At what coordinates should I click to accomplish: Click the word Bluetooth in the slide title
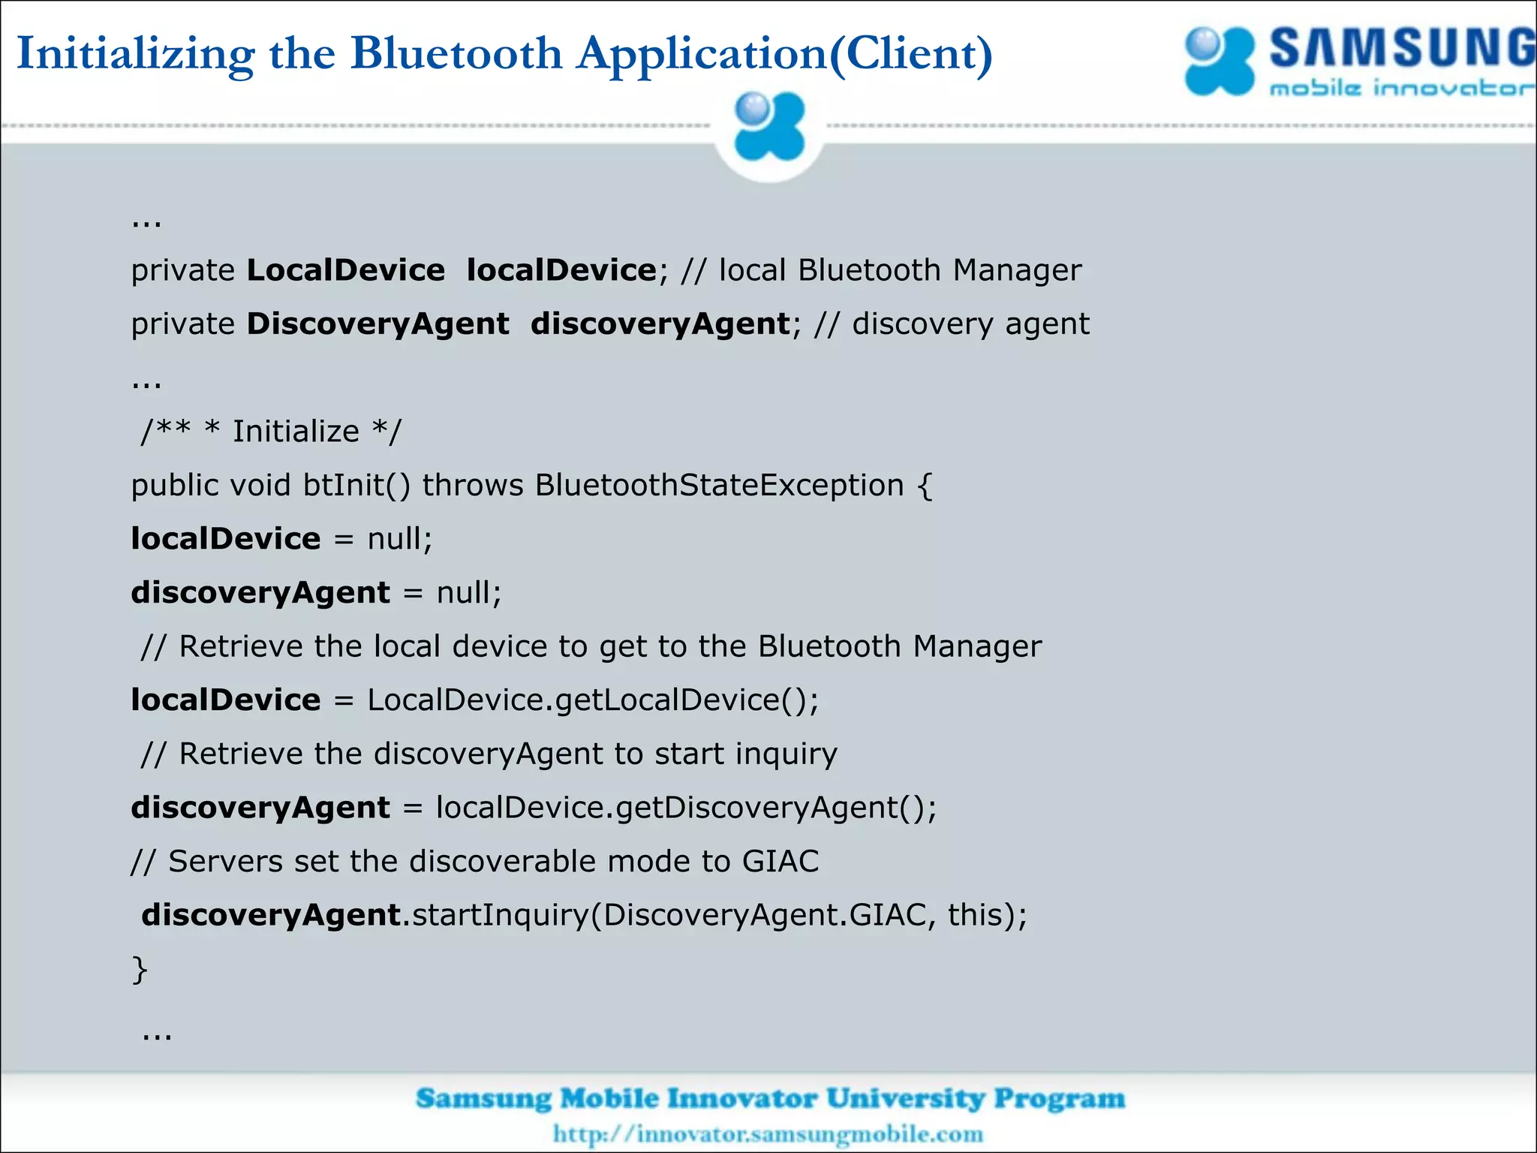coord(456,53)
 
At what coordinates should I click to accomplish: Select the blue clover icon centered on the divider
coord(768,127)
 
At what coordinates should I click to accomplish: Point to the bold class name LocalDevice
coord(345,270)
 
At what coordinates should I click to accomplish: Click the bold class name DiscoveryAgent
coord(377,324)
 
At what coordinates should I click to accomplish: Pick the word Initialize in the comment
coord(296,432)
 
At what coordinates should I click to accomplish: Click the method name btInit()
coord(356,486)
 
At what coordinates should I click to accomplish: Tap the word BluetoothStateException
coord(719,486)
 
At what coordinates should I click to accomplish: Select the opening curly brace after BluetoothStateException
coord(925,486)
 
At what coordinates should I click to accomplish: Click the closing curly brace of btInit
coord(140,969)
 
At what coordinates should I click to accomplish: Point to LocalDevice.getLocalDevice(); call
coord(593,700)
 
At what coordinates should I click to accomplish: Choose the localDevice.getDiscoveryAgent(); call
coord(686,808)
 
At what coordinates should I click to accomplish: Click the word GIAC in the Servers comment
coord(781,862)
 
